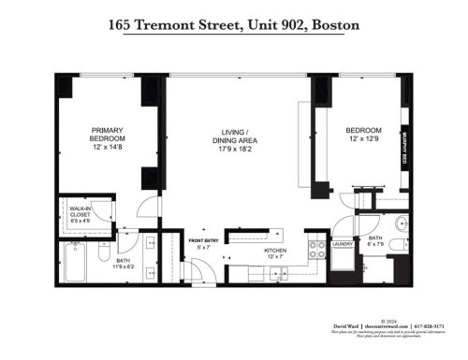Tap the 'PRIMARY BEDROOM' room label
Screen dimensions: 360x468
click(x=108, y=135)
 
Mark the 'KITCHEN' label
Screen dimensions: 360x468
click(x=275, y=251)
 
